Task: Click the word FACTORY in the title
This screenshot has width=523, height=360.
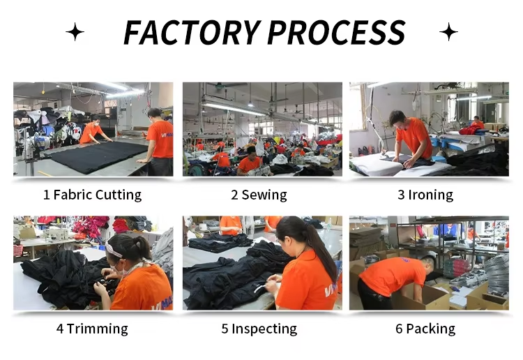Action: tap(192, 32)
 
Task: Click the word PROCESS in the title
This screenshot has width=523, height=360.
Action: tap(336, 32)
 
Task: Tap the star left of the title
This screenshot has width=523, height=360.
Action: tap(75, 32)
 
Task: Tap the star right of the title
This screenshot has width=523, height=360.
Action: tap(448, 32)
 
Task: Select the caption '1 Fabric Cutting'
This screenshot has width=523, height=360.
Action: tap(92, 195)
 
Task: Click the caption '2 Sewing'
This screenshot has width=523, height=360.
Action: tap(259, 195)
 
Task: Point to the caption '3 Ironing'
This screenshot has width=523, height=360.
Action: tap(425, 195)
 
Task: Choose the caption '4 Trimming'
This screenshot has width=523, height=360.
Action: tap(92, 329)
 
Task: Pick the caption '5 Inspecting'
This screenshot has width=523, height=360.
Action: tap(259, 329)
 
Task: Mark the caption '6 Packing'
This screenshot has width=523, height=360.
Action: tap(425, 329)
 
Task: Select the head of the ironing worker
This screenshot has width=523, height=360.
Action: tap(398, 119)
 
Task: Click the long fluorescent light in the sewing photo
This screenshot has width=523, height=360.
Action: tap(234, 110)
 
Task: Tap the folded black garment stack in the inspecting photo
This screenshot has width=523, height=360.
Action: tap(220, 242)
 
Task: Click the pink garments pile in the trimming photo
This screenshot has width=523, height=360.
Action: tap(89, 226)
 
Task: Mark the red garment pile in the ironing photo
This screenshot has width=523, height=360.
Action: tap(469, 130)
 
